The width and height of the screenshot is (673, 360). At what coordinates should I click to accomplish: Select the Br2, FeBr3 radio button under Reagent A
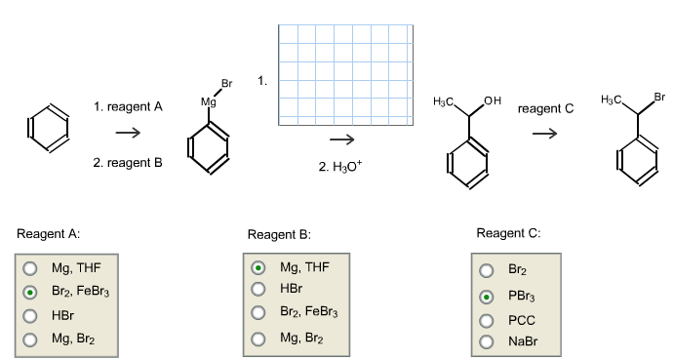[30, 291]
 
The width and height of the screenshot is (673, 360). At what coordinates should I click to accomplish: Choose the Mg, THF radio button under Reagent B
[258, 266]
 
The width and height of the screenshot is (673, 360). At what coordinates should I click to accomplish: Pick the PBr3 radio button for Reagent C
[486, 296]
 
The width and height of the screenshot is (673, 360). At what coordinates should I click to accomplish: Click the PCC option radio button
[486, 319]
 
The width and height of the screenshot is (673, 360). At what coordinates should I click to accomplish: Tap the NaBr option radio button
[486, 340]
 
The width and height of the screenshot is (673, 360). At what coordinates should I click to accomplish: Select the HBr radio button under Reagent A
[30, 315]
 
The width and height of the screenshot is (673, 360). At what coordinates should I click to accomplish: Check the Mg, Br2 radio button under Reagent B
[258, 339]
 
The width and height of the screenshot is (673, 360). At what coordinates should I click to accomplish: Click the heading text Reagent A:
[48, 234]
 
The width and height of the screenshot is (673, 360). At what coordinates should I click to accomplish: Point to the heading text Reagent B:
[279, 234]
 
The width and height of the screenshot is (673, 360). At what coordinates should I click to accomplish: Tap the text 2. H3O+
[339, 167]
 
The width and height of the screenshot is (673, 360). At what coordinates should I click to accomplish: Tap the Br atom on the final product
[659, 96]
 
